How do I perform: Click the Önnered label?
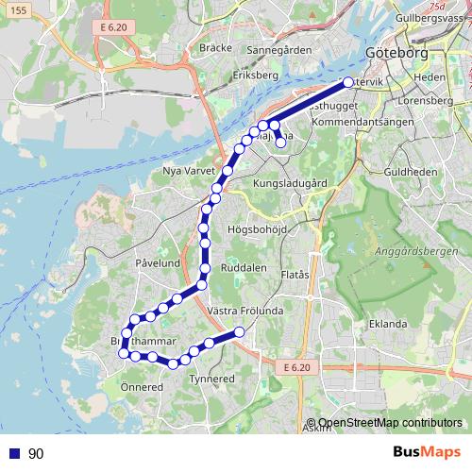tap(140, 386)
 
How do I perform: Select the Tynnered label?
tap(211, 379)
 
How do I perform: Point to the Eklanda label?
tap(388, 322)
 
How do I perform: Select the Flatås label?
tap(296, 276)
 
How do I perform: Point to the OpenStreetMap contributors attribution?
tap(390, 423)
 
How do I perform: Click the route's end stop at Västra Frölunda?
tap(240, 331)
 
